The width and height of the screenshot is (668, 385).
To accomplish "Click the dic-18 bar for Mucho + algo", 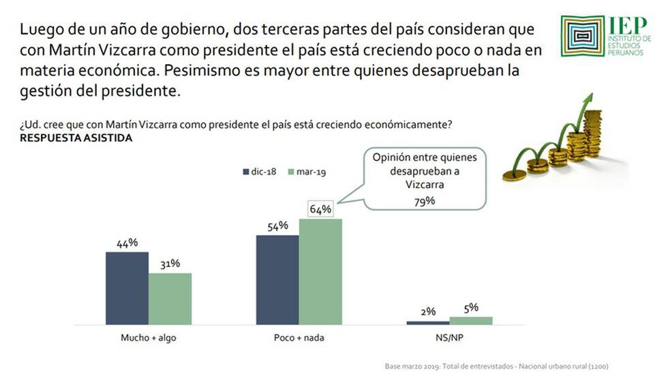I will point(127,288).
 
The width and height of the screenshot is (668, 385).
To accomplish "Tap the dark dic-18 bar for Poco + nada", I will point(277,279).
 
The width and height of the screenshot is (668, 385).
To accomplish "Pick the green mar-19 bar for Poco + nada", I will point(320,271).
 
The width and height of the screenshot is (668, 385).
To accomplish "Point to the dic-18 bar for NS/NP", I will point(428,322).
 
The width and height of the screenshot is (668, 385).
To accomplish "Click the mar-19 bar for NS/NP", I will point(470,320).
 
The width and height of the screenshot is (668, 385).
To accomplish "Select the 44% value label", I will point(127,243).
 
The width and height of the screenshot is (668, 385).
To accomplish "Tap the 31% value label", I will point(170,264).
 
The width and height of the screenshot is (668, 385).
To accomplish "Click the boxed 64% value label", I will point(320,209).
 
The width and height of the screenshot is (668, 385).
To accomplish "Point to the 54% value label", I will point(277,226).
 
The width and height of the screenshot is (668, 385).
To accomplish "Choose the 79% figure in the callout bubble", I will point(425,200).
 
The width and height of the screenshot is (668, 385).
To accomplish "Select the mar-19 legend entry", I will point(308,172).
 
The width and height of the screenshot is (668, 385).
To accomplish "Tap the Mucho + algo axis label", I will point(148,338).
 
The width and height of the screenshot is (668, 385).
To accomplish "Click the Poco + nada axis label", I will point(299,338).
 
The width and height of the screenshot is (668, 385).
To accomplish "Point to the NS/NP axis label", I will point(449,338).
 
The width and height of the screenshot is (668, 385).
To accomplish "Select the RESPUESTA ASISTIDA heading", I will point(76,138).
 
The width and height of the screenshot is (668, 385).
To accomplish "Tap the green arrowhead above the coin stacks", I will point(585,100).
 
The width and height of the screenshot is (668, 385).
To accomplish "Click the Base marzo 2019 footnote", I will point(496,367).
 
